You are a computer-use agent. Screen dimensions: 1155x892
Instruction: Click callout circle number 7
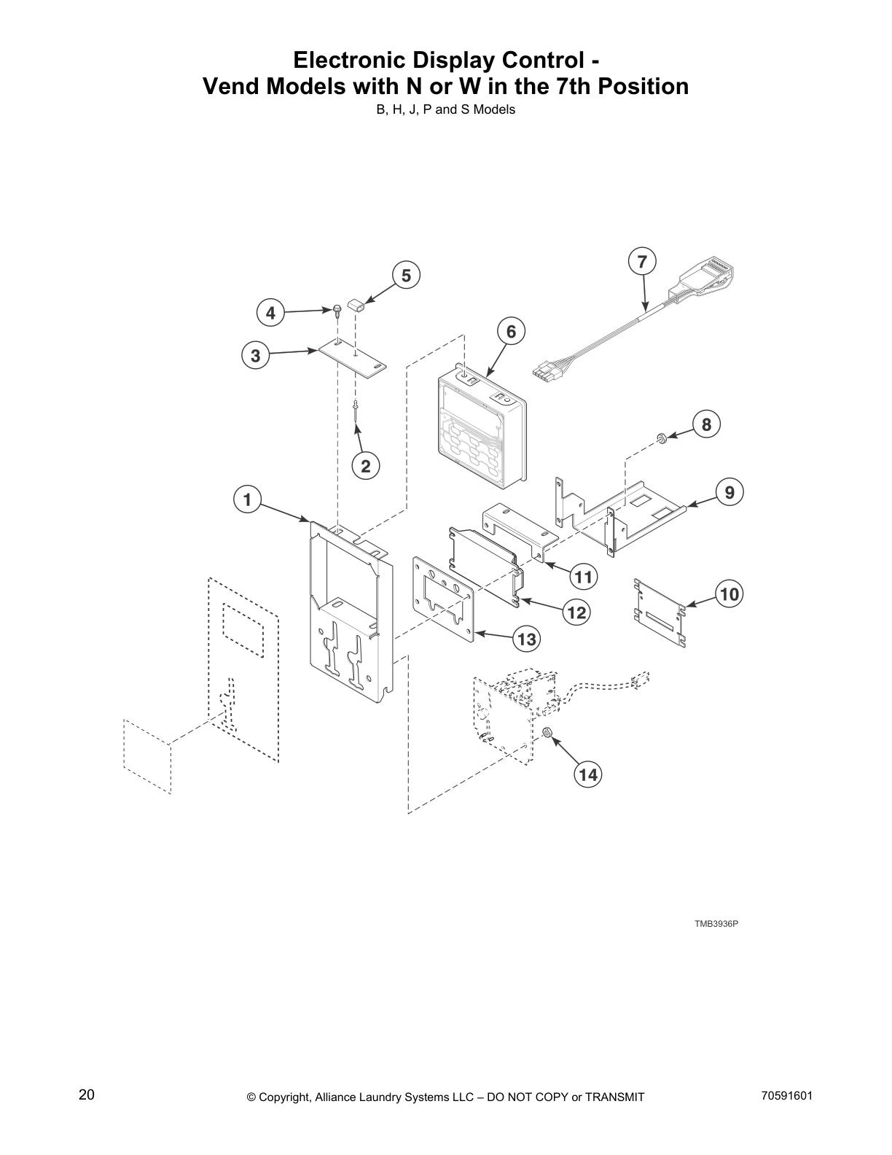click(641, 262)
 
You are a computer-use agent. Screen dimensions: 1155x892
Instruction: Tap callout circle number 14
click(588, 774)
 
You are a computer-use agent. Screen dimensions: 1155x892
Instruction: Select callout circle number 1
click(247, 500)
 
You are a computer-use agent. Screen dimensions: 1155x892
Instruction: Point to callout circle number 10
click(729, 594)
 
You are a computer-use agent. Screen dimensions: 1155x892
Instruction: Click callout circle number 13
click(525, 639)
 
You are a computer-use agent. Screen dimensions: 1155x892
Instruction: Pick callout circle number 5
click(406, 276)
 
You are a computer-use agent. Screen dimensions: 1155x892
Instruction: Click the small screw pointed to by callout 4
click(337, 311)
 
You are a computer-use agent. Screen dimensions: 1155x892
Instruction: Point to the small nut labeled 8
click(661, 437)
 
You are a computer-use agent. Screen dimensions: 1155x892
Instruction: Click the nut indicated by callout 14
click(547, 733)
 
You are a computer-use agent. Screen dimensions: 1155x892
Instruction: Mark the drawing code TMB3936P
click(716, 924)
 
